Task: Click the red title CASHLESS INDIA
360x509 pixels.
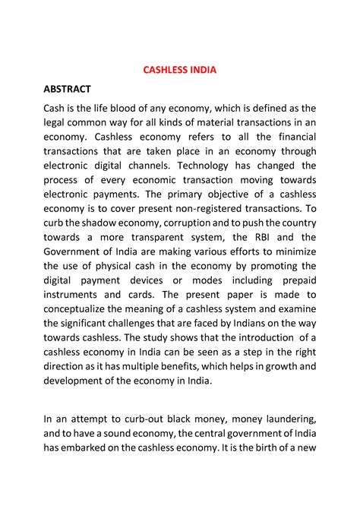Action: coord(180,70)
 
